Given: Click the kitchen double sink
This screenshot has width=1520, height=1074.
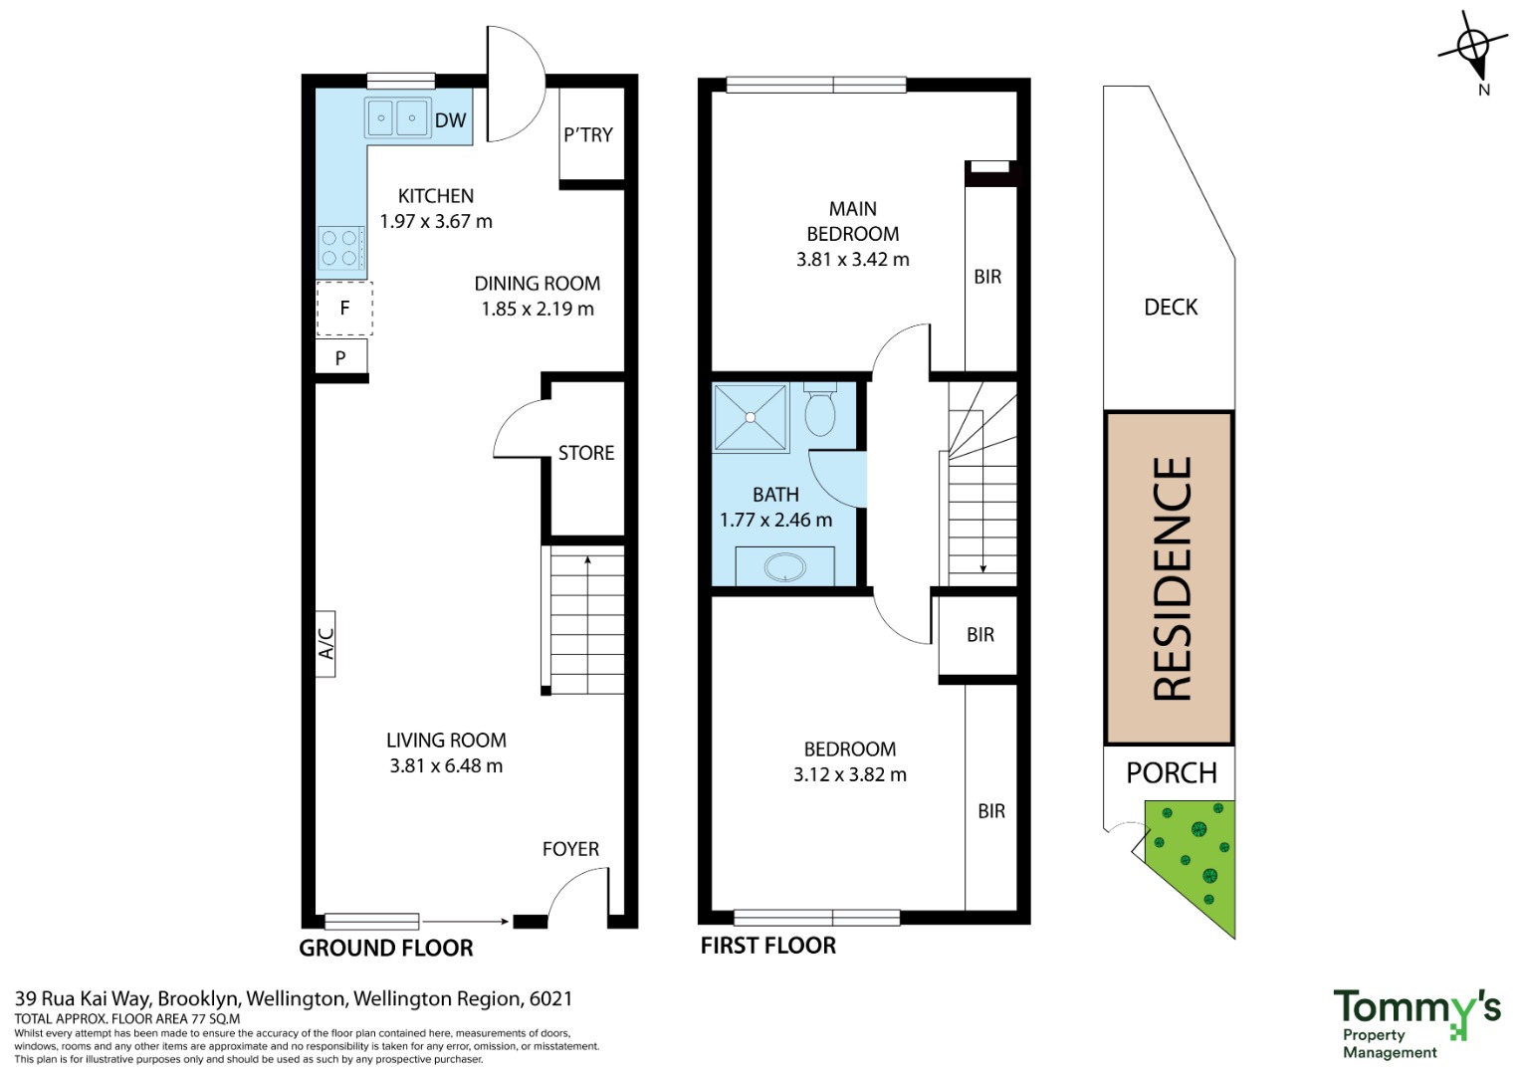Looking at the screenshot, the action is tap(398, 118).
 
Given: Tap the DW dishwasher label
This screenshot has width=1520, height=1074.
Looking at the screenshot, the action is tap(451, 120).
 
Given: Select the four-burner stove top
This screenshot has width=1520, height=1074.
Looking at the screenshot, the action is tap(340, 248).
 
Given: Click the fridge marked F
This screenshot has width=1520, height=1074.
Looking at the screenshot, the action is tap(344, 309).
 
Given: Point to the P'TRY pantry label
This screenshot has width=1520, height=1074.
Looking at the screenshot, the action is tap(588, 135).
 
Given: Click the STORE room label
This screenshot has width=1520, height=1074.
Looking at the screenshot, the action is tap(586, 453).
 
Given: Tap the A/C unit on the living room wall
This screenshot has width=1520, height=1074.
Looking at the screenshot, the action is tap(326, 643).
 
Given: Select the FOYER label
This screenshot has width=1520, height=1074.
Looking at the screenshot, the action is tap(570, 849).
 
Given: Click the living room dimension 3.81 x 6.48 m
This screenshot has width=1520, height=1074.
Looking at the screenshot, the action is tap(446, 766).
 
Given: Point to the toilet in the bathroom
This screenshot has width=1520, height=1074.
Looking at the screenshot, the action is tap(819, 409).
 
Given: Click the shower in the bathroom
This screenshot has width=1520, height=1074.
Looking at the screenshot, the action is tap(751, 417).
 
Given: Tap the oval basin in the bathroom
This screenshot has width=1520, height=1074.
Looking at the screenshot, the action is tap(785, 567).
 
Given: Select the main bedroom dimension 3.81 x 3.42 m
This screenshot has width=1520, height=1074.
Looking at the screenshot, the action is tap(853, 259).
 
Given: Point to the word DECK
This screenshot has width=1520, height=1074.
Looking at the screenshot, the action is tap(1171, 308).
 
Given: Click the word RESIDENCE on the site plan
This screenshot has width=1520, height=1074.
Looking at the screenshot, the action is tap(1172, 578).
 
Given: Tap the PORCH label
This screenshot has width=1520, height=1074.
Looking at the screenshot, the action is tap(1172, 773).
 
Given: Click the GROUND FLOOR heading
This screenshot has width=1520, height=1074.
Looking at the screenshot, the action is tap(386, 948).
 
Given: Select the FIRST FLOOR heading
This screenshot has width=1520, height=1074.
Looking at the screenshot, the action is tap(768, 945).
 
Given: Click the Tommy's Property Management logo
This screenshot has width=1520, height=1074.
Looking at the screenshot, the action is tap(1416, 1024).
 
